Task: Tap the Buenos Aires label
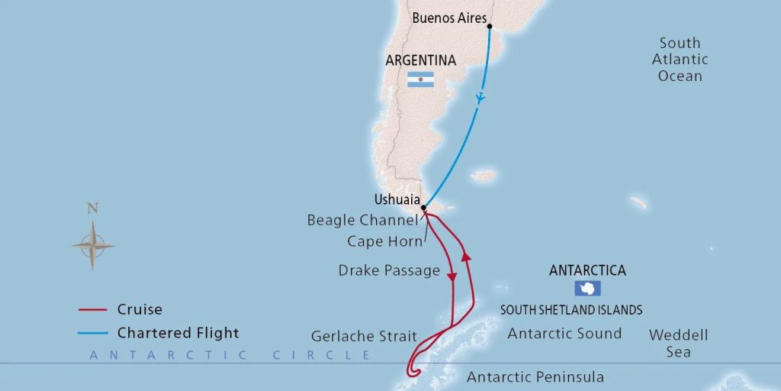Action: (449, 18)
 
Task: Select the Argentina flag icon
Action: (420, 79)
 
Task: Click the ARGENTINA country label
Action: (421, 60)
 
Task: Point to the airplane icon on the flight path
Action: (480, 99)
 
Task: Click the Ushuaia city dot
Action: (424, 207)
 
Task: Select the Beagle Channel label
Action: (362, 221)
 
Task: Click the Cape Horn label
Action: (384, 241)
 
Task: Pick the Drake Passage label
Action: (389, 270)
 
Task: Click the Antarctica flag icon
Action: (588, 289)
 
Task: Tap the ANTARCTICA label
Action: (587, 271)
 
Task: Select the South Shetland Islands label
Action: (570, 310)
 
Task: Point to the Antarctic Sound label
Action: (564, 333)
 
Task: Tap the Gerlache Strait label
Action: (364, 336)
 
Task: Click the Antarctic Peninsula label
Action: (535, 377)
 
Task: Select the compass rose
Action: (93, 245)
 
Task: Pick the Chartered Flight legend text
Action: (178, 333)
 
